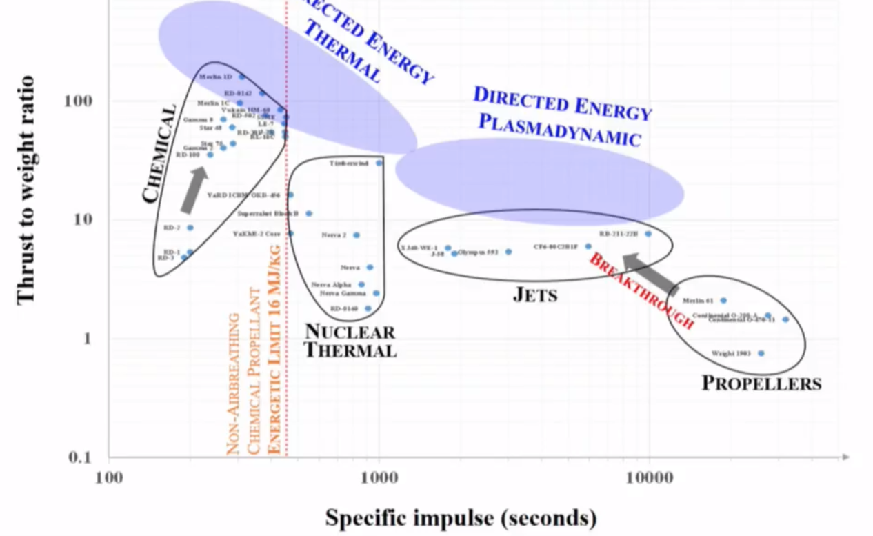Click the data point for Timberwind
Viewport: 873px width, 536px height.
click(379, 163)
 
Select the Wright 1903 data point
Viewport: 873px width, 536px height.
click(761, 353)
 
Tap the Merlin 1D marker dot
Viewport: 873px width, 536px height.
click(241, 77)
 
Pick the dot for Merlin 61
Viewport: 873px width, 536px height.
click(723, 300)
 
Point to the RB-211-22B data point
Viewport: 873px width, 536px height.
click(648, 234)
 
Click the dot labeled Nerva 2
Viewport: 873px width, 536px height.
click(356, 235)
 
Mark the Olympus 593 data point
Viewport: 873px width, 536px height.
click(508, 252)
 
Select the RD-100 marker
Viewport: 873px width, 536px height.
click(210, 155)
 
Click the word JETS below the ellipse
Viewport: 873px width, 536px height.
click(535, 295)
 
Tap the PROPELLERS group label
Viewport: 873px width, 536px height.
click(761, 384)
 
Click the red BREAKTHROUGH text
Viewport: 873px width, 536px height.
click(641, 290)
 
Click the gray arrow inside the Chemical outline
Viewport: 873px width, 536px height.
click(194, 190)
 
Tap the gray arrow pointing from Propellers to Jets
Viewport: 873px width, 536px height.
click(651, 271)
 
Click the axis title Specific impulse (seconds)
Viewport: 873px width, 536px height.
click(461, 517)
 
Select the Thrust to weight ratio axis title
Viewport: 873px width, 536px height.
click(26, 188)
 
